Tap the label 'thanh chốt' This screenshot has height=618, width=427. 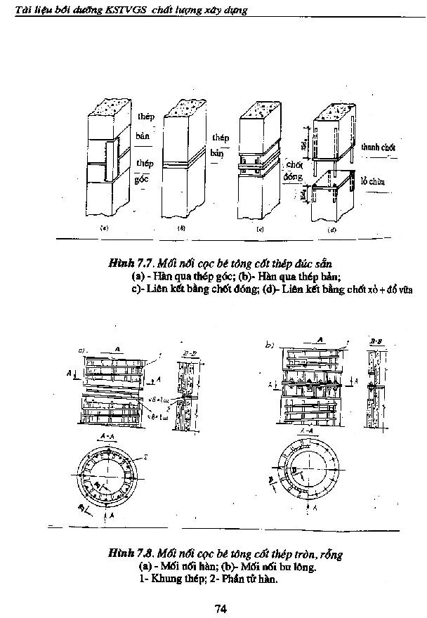click(x=378, y=148)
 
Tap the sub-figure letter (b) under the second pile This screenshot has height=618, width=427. click(x=181, y=228)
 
